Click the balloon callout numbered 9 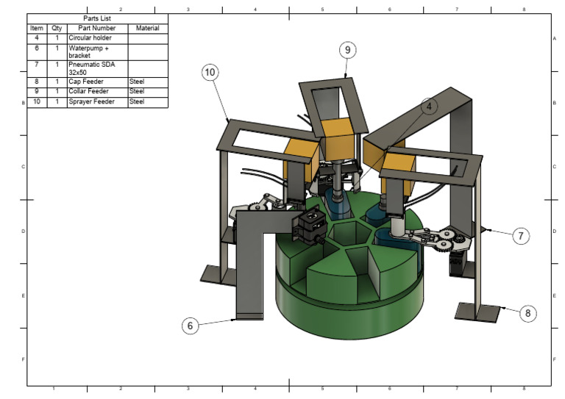click(347, 50)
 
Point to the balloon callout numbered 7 click(520, 236)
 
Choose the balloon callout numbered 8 click(527, 313)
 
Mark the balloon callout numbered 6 click(190, 326)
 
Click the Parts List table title click(96, 18)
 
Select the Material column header click(147, 28)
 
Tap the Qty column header click(57, 28)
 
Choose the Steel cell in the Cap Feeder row click(147, 82)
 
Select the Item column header click(37, 28)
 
